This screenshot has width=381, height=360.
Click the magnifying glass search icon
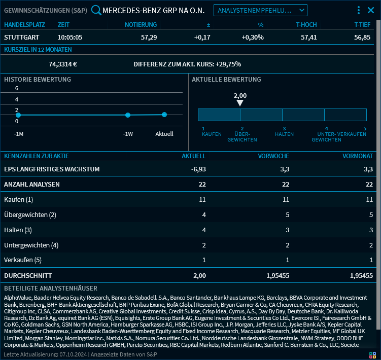pos(96,10)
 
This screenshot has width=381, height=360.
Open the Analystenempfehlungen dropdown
pos(260,10)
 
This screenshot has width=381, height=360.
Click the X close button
pos(371,10)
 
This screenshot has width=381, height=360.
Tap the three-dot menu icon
pos(359,10)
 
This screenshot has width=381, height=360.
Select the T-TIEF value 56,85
pos(362,37)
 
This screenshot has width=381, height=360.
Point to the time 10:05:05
pos(70,37)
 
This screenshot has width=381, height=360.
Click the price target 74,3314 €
pos(63,64)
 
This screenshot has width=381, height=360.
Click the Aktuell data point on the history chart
pos(164,115)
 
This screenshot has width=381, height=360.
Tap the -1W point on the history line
pos(128,115)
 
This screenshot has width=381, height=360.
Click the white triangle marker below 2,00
pos(240,103)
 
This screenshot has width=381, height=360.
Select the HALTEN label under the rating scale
pos(284,134)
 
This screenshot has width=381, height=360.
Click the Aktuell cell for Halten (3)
pos(203,230)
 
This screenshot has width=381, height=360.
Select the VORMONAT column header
pos(358,156)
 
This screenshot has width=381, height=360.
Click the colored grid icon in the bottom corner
pos(372,355)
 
